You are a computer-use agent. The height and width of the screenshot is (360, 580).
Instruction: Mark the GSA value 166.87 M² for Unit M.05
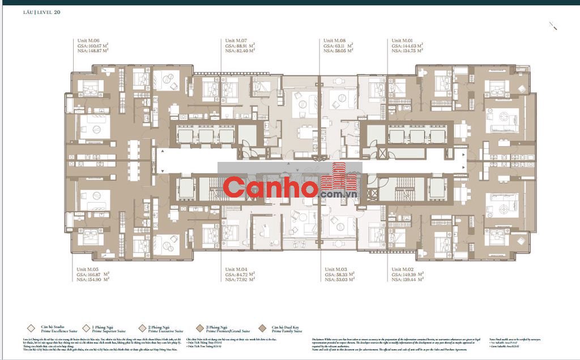[x=93, y=275]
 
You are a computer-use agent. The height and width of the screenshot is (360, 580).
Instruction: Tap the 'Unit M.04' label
[x=236, y=269]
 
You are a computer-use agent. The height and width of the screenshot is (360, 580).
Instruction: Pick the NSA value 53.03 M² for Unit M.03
[x=340, y=279]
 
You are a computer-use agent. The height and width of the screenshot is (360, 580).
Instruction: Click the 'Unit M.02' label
[x=403, y=269]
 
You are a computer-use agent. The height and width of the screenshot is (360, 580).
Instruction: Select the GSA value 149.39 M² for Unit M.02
[x=408, y=275]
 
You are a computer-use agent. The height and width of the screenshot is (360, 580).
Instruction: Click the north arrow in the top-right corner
[x=553, y=25]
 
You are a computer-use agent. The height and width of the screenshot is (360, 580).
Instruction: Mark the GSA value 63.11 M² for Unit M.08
[x=339, y=46]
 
